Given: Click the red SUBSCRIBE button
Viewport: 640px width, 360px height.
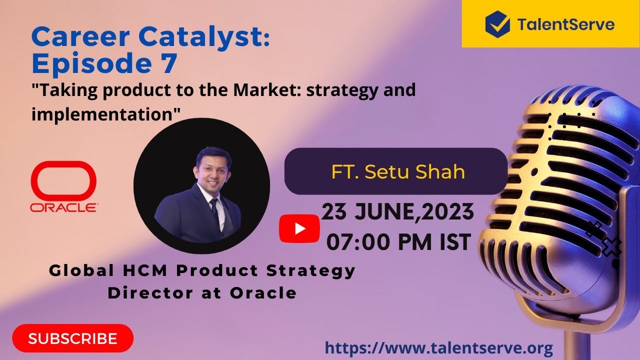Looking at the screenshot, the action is (x=73, y=338).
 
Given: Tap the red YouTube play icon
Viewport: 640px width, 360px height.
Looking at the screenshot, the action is (x=299, y=228).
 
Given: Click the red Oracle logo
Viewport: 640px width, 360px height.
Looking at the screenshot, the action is (x=63, y=186).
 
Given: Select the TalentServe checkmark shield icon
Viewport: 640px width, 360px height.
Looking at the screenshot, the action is (x=497, y=24).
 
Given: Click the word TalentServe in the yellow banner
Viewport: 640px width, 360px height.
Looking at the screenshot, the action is (x=565, y=24).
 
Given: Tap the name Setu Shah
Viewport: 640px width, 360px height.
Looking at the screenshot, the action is (x=414, y=171).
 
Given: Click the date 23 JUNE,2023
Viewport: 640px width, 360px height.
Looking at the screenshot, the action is (x=397, y=212).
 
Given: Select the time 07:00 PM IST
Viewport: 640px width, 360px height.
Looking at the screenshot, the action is (x=398, y=242).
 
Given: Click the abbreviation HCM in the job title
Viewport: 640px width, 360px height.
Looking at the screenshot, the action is (x=145, y=270).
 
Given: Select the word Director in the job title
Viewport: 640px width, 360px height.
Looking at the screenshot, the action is (x=150, y=293).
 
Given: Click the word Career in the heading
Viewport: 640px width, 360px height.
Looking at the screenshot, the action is (x=80, y=37).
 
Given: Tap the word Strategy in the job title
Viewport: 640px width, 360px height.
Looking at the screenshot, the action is (x=311, y=271).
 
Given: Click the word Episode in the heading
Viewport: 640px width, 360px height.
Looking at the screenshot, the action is (x=91, y=63).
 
